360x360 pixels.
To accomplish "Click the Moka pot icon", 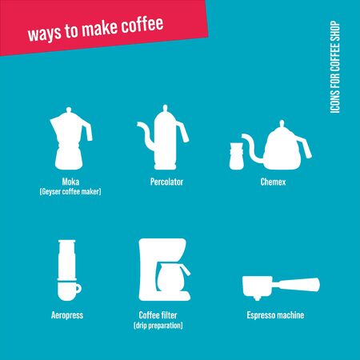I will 71,141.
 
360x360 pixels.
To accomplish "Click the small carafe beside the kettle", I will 237,156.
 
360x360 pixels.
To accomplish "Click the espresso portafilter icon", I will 280,286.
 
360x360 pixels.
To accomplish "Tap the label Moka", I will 71,182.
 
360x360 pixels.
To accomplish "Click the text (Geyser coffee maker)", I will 71,192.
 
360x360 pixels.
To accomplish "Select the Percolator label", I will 167,182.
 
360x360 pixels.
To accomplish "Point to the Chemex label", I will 273,182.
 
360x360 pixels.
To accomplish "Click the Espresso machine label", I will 275,316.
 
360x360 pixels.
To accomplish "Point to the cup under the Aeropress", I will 70,287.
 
